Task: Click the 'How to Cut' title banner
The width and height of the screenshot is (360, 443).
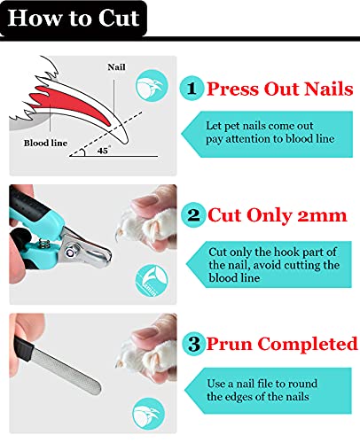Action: click(x=74, y=19)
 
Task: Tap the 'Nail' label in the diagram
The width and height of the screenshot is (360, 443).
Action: click(x=116, y=67)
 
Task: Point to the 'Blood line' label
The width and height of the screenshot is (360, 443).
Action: click(x=45, y=143)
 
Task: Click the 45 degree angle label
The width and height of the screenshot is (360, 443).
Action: click(x=103, y=151)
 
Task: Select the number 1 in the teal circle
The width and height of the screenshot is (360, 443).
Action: click(x=192, y=88)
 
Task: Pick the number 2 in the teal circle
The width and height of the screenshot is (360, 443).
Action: click(x=193, y=214)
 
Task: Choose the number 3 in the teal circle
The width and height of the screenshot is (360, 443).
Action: click(x=194, y=344)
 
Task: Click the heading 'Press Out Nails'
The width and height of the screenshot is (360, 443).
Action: click(x=280, y=89)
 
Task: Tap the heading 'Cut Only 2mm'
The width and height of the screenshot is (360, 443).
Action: click(x=278, y=215)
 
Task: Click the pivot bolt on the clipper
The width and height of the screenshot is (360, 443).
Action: click(x=71, y=253)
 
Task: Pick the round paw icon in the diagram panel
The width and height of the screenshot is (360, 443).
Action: click(x=152, y=85)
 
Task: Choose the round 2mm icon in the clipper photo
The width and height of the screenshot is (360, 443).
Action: click(x=152, y=281)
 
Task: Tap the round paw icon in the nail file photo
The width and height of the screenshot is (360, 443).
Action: click(x=149, y=414)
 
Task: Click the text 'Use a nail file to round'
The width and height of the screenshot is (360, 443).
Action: click(x=262, y=384)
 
